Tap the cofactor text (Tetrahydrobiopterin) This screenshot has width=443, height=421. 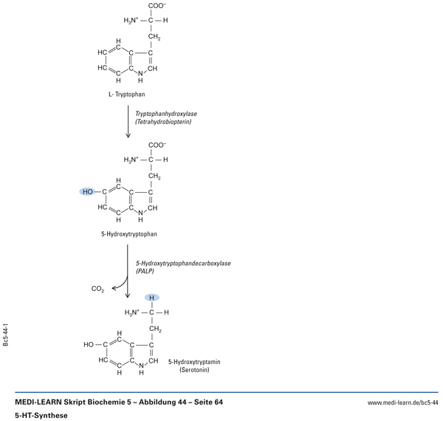(x=163, y=121)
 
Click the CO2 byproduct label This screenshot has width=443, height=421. (x=97, y=289)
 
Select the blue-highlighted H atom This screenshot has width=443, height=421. (x=151, y=298)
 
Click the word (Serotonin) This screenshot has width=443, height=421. (x=194, y=369)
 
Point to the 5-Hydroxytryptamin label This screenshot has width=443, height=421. (x=194, y=361)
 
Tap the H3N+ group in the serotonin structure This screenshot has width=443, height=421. (x=132, y=312)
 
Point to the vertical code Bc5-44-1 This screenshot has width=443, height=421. (x=6, y=335)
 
